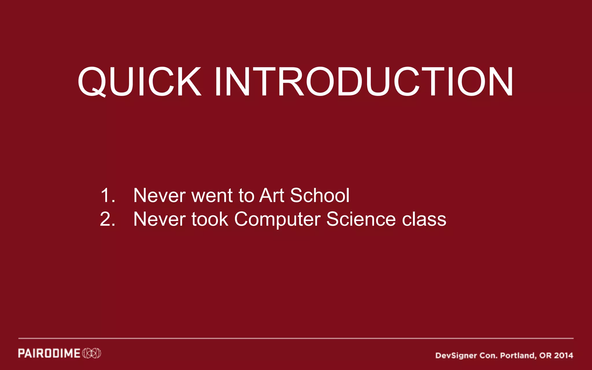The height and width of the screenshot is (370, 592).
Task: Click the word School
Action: (320, 195)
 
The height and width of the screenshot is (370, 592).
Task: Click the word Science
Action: (361, 219)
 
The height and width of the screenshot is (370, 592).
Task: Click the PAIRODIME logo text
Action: (49, 353)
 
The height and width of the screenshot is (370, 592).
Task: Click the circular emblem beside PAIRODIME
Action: (92, 353)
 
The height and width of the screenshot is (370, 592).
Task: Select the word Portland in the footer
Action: (517, 356)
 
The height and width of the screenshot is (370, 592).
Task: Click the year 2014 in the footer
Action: (563, 355)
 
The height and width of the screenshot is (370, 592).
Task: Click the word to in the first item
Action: (246, 195)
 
